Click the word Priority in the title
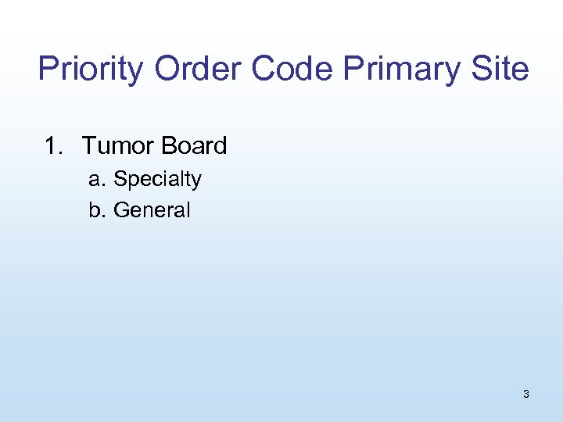click(x=91, y=70)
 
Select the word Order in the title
click(x=199, y=69)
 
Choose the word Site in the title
click(x=500, y=69)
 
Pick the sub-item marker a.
click(x=96, y=180)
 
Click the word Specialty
click(x=157, y=180)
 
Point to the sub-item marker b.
click(x=96, y=210)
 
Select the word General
click(x=152, y=210)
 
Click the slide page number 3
click(x=525, y=394)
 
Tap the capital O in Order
click(x=167, y=69)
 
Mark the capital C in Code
click(x=265, y=69)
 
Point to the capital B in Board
click(x=170, y=145)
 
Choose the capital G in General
click(x=121, y=210)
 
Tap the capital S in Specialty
click(x=120, y=179)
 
